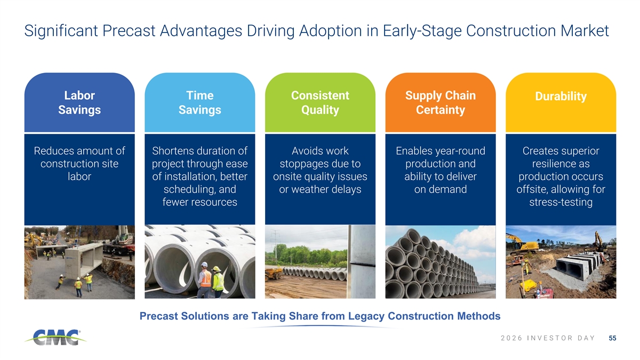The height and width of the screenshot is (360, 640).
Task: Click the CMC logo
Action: (55, 337)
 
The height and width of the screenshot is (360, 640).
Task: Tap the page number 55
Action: (612, 338)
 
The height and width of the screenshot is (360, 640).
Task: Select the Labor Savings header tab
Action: (79, 102)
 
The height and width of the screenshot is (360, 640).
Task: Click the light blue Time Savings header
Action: (199, 102)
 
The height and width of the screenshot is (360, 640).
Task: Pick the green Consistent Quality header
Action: (320, 102)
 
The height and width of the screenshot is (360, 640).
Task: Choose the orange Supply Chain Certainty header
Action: (441, 102)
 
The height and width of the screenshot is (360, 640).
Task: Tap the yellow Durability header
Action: (561, 102)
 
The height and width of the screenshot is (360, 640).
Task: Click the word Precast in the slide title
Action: (129, 30)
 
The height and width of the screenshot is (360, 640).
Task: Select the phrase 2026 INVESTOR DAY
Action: (548, 338)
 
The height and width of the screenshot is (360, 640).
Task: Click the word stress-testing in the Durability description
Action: (561, 202)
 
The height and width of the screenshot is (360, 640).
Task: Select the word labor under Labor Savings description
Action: (79, 177)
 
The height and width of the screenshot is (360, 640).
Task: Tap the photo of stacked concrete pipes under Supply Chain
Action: (441, 262)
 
